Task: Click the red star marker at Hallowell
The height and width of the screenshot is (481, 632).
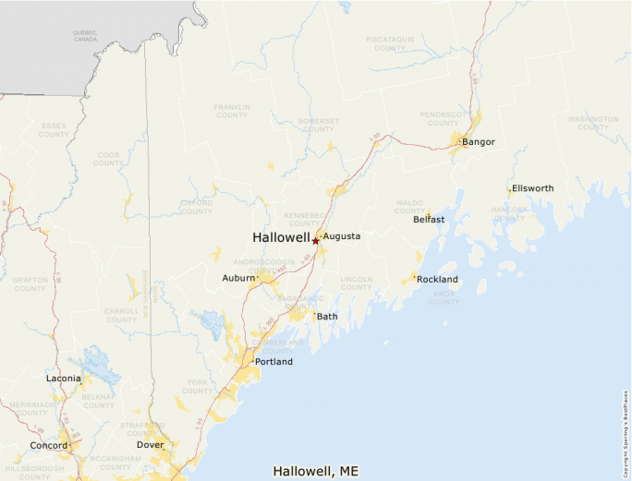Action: click(315, 241)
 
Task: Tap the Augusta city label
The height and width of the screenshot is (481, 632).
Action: click(341, 236)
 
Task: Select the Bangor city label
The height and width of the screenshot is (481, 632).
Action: click(479, 142)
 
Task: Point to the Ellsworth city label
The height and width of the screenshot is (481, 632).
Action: click(533, 188)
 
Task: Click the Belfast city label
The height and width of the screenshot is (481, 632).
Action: click(429, 220)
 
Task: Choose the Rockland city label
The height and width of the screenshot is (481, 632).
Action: click(437, 279)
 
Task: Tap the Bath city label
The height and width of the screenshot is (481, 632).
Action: click(328, 317)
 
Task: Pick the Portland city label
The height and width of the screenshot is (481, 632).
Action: click(273, 362)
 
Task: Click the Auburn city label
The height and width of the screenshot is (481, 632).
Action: click(238, 278)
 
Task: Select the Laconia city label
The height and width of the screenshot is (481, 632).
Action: click(63, 379)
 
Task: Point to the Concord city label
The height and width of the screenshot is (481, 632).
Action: click(48, 446)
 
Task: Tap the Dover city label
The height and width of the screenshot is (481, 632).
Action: click(150, 445)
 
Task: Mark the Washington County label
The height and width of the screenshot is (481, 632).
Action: click(593, 124)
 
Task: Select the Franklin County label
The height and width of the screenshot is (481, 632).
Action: click(232, 111)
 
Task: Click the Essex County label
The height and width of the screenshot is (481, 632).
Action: click(54, 130)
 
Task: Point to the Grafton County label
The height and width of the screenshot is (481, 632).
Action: click(30, 283)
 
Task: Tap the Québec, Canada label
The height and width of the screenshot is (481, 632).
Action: click(85, 37)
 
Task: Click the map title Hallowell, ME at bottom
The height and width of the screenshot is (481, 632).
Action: click(315, 471)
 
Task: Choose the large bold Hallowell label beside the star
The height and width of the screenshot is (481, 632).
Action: click(281, 237)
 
